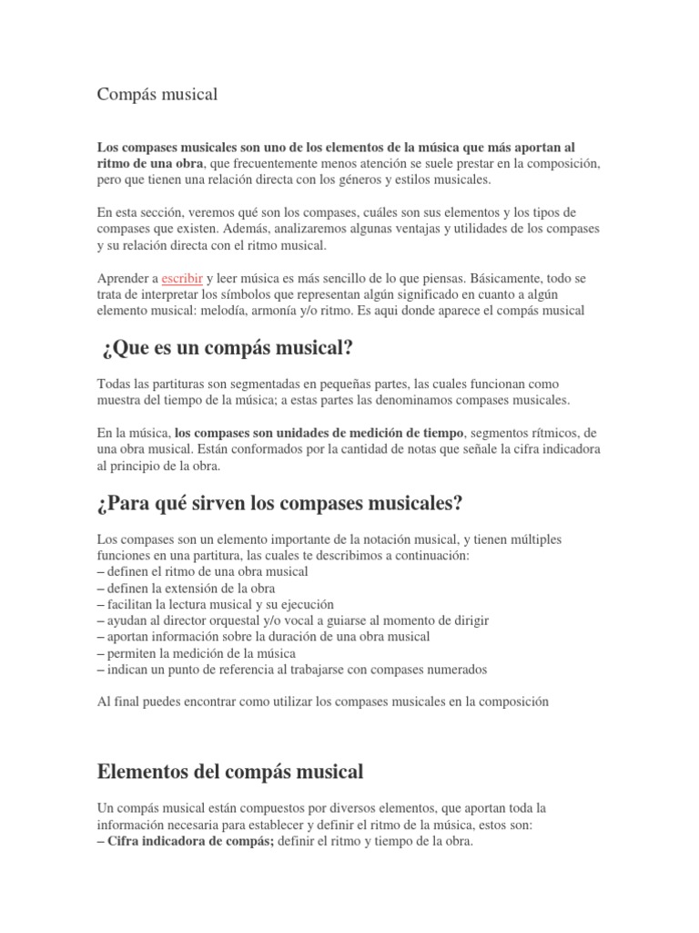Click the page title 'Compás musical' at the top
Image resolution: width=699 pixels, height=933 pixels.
point(158,95)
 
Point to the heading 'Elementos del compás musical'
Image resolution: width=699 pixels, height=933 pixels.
point(229,772)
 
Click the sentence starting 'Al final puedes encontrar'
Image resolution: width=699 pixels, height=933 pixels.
point(323,702)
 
